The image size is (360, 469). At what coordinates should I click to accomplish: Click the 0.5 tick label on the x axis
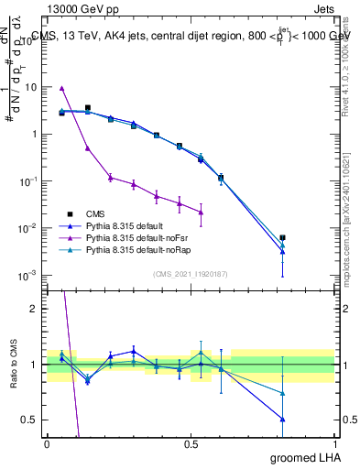pos(191,444)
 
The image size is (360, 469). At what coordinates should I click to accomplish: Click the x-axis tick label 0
pos(47,444)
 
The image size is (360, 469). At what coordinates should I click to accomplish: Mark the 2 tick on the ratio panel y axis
pos(33,309)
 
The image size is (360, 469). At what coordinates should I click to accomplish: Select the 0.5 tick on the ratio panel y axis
pos(29,420)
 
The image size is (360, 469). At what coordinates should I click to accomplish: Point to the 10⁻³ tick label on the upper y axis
pos(28,275)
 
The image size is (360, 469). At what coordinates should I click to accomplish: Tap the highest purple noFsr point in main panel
pos(61,88)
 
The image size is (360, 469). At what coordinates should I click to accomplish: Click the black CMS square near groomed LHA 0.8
pos(282,238)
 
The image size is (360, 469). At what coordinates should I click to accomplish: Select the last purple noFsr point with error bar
pos(201,212)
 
